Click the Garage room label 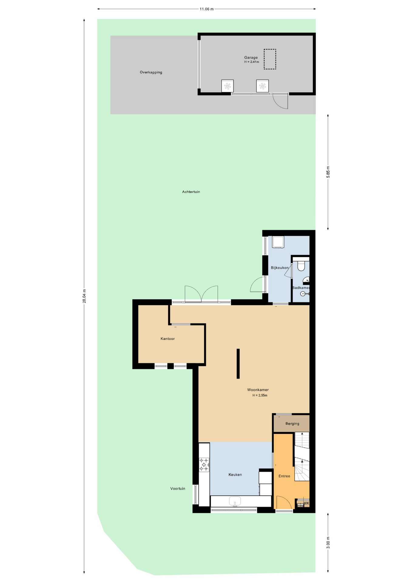(x=251, y=57)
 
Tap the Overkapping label (x=151, y=72)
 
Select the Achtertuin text (x=191, y=192)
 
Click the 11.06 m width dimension (x=206, y=9)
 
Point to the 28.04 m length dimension (x=84, y=296)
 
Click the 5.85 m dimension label (x=328, y=172)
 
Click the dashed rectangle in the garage (x=270, y=59)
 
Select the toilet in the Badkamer (x=301, y=265)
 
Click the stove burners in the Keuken (x=204, y=465)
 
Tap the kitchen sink (x=235, y=501)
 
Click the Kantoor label (x=167, y=339)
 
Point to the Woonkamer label (x=258, y=390)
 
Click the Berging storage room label (x=292, y=424)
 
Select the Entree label (x=284, y=476)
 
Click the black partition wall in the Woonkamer (x=238, y=363)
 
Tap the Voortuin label (x=177, y=489)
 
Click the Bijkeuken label (x=279, y=268)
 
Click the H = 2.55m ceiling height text (x=260, y=395)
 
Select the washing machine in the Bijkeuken (x=278, y=242)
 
